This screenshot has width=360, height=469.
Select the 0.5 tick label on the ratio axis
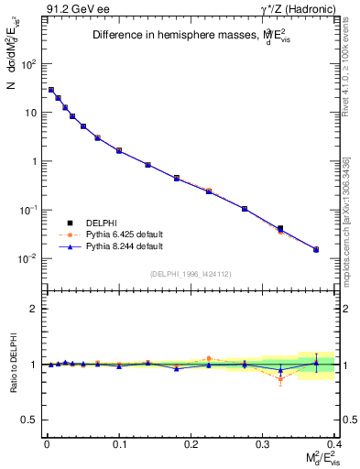pyautogui.click(x=28, y=420)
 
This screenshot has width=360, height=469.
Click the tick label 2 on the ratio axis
pyautogui.click(x=32, y=309)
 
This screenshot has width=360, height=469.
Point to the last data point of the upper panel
pyautogui.click(x=316, y=249)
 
